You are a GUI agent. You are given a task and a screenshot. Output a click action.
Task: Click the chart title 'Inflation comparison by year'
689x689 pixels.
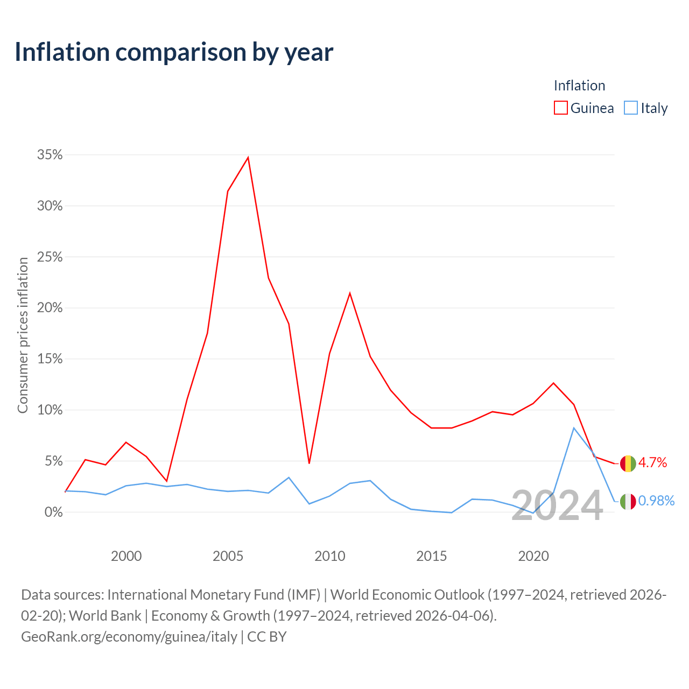tap(174, 52)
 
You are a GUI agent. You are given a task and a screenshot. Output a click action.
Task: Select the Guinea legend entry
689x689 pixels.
tap(584, 108)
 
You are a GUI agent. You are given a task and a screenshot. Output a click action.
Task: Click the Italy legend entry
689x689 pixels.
tap(646, 108)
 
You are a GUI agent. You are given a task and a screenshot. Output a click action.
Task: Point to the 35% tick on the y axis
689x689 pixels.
tap(50, 155)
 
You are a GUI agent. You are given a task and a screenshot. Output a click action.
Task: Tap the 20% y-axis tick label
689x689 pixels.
tap(50, 308)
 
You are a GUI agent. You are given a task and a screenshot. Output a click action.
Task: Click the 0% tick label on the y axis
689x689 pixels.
tap(53, 512)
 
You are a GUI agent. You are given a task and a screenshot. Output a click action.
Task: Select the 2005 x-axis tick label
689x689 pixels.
tap(228, 556)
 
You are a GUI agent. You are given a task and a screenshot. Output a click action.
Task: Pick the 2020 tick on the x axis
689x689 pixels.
tap(533, 556)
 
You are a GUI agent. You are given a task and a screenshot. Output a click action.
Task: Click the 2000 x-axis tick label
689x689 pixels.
tap(126, 556)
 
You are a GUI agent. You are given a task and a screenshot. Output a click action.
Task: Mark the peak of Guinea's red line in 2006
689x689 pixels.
tap(248, 158)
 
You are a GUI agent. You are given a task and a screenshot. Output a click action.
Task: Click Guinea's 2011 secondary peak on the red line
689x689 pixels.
tap(350, 293)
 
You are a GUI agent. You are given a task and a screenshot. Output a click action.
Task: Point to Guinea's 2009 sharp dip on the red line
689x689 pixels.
tap(309, 463)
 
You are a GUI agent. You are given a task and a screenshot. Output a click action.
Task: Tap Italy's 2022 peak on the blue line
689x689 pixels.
tap(574, 428)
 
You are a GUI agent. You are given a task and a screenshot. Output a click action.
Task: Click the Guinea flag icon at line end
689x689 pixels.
tap(628, 463)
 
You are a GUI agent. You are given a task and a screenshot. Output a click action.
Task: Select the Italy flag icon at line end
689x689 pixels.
tap(628, 501)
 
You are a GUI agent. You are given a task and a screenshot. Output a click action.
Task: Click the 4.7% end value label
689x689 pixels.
tap(652, 463)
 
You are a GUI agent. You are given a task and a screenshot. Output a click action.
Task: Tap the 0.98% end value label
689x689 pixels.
tap(656, 501)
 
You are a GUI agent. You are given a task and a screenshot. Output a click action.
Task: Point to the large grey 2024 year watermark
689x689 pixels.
tap(557, 506)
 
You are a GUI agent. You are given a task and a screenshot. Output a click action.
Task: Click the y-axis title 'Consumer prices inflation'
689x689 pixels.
tap(23, 335)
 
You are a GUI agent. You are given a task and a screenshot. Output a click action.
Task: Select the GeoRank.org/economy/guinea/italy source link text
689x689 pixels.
tap(129, 637)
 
